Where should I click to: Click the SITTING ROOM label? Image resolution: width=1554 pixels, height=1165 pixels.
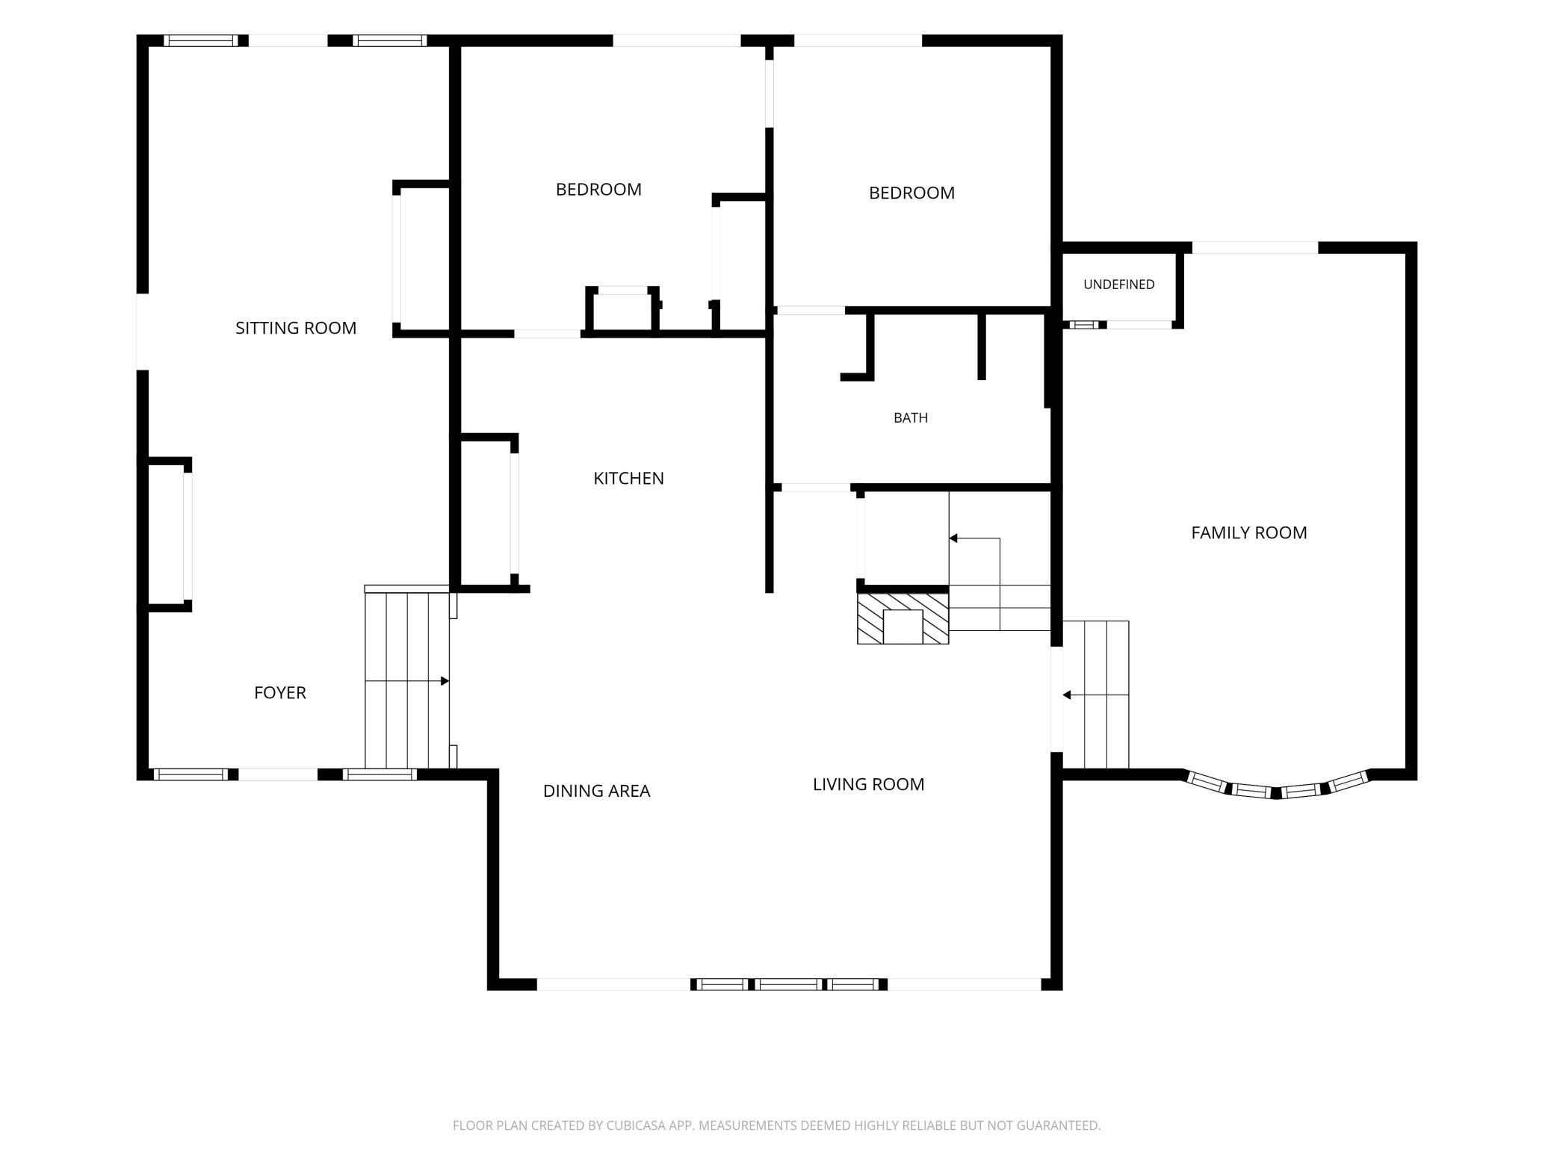coord(296,328)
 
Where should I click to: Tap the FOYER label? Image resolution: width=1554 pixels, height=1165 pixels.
coord(280,693)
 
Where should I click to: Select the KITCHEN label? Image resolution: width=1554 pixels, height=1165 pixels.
coord(628,479)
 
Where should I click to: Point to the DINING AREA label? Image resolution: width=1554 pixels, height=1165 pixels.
coord(596,791)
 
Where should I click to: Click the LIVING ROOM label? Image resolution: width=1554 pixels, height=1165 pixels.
coord(868,784)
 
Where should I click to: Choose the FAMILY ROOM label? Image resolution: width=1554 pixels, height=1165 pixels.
coord(1249,533)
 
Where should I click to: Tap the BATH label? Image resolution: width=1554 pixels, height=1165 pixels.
coord(911,418)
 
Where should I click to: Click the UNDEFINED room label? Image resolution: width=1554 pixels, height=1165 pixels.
coord(1118,285)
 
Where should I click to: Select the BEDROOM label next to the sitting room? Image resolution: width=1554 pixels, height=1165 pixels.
coord(598,190)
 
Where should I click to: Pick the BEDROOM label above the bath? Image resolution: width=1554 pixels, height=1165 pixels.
coord(911,193)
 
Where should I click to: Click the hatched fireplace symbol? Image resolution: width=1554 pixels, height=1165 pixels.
coord(903,618)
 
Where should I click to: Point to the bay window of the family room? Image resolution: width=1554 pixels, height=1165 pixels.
coord(1277,786)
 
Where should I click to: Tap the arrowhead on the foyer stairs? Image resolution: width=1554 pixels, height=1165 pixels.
coord(445,681)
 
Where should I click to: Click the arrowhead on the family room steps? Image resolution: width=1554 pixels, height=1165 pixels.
coord(1067,695)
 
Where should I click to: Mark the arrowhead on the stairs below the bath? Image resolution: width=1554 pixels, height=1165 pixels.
coord(953,538)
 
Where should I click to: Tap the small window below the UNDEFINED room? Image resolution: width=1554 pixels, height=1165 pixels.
coord(1087,325)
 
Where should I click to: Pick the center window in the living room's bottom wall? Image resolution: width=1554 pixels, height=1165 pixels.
coord(789,984)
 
